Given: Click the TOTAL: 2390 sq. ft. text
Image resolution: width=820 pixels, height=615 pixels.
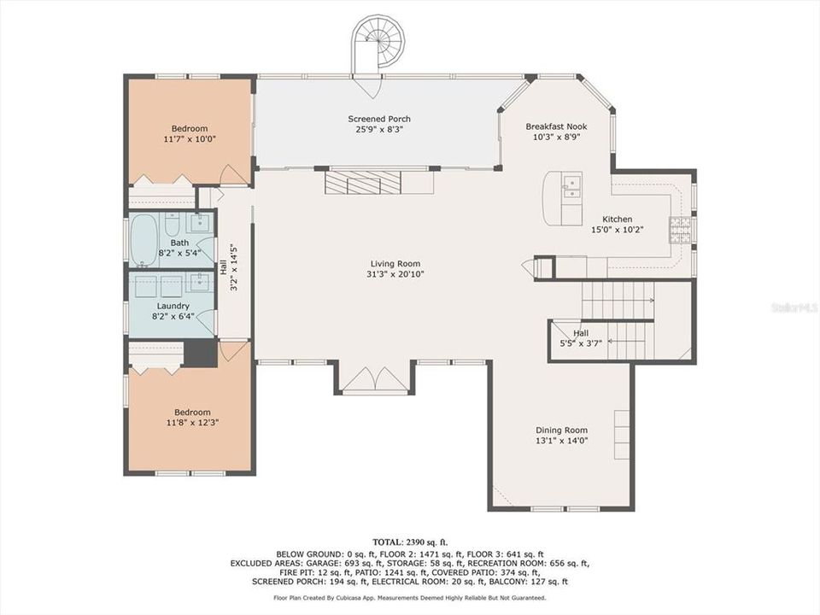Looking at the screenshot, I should point(409,542).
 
